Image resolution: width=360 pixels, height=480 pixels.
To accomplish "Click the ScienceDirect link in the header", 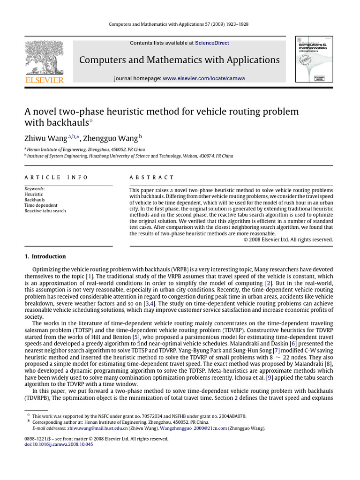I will [212, 43].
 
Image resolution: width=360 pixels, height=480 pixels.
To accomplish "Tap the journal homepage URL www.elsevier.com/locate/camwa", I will [204, 78].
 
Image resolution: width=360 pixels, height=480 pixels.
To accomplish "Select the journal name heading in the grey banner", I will [179, 60].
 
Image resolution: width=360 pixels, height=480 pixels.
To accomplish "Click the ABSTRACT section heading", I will [151, 178].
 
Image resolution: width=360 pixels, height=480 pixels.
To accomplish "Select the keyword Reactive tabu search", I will [45, 211].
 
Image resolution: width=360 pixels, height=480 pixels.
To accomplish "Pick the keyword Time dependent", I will [41, 205].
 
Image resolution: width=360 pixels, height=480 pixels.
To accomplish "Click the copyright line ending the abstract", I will [288, 239].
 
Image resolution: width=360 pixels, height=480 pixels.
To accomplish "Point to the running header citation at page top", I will [180, 24].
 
